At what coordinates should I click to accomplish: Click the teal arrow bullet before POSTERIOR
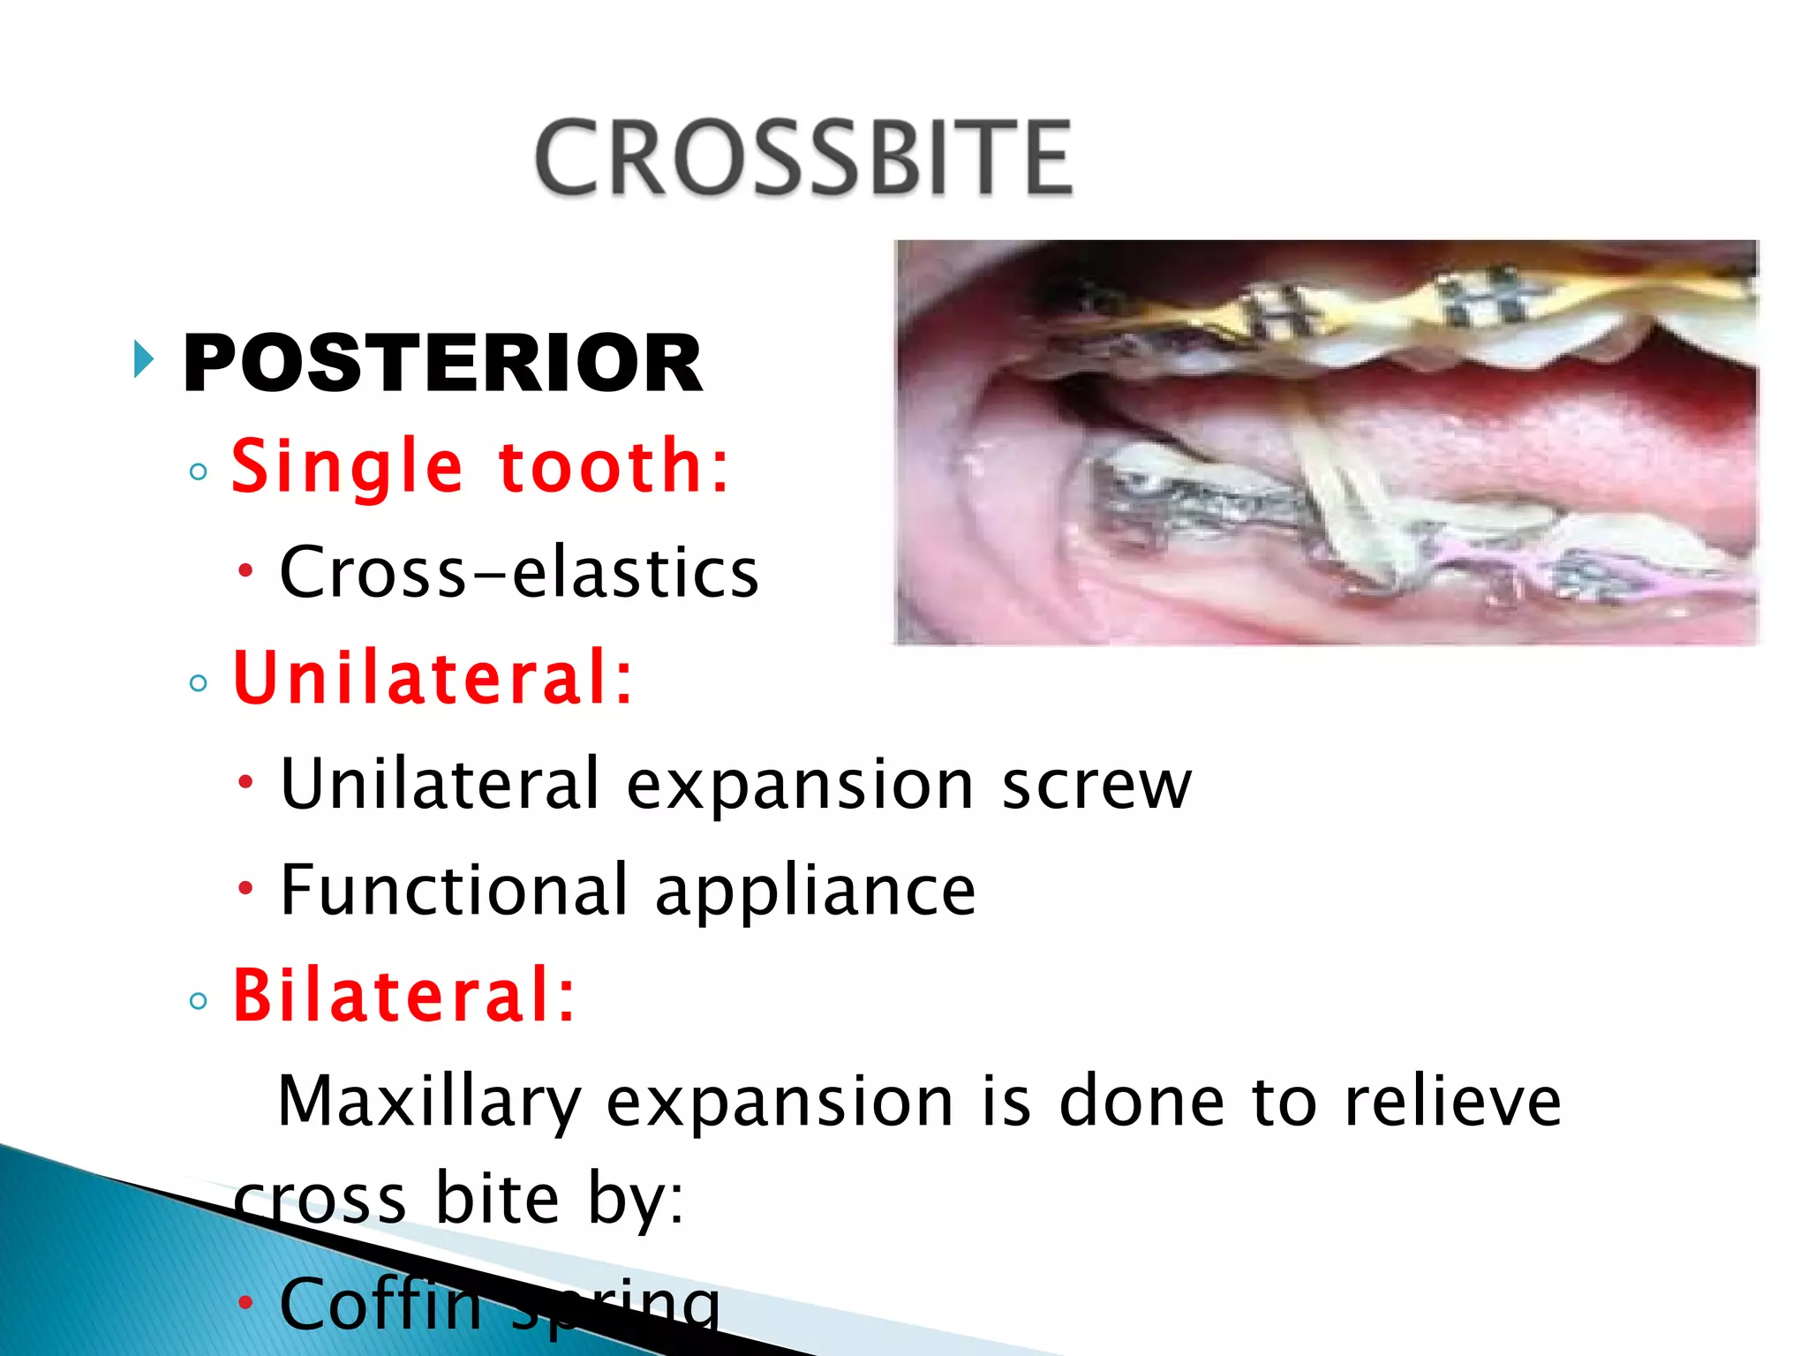143,359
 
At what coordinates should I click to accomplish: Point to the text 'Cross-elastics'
518,572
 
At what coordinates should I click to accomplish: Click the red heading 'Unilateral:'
433,678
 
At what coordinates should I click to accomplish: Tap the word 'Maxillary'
429,1102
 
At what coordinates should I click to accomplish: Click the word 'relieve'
1452,1102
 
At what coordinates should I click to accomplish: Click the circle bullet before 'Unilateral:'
199,682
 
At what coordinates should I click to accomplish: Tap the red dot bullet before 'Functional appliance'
245,886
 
